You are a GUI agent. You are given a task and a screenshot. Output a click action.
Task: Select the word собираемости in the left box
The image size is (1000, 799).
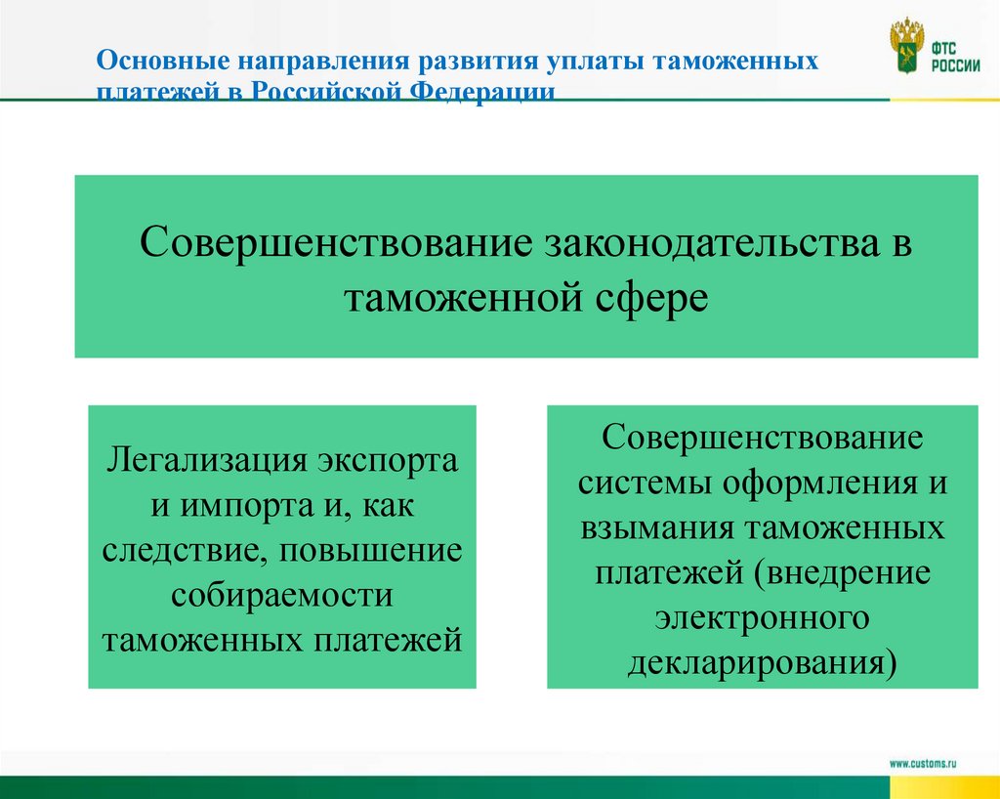click(x=282, y=595)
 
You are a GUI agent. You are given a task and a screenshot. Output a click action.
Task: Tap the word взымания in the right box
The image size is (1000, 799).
click(x=659, y=527)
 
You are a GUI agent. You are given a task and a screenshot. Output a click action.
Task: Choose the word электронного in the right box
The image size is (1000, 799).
click(x=763, y=617)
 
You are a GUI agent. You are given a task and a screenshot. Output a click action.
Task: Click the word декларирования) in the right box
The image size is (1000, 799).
click(x=763, y=662)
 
